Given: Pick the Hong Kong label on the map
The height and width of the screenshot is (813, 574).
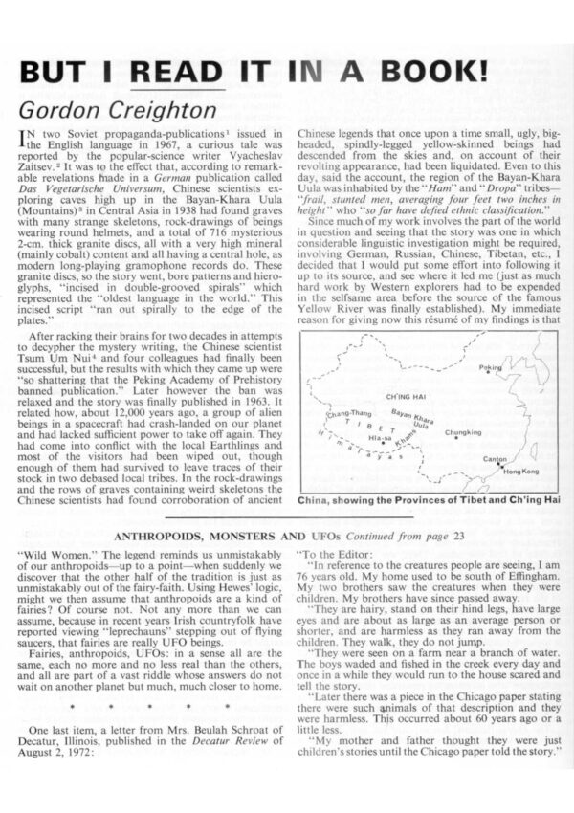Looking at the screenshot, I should [x=520, y=472].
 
